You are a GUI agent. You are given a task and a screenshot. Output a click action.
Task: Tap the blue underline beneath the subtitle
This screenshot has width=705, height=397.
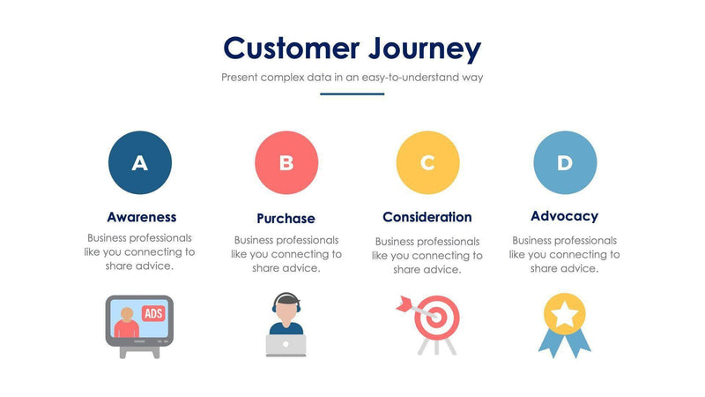pos(352,94)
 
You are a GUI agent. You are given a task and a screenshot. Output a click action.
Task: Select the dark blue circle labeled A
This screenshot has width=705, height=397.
pos(140,162)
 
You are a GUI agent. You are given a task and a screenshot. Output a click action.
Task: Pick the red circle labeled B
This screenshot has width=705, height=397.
pos(286,163)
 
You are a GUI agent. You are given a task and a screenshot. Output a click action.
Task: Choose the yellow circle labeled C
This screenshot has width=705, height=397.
pos(427,163)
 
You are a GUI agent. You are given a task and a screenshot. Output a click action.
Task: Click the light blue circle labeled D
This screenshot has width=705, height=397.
pos(565,162)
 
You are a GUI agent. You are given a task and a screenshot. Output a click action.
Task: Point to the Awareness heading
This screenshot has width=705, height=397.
pos(141,216)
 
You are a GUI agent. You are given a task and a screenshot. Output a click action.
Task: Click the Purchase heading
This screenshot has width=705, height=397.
pos(286,218)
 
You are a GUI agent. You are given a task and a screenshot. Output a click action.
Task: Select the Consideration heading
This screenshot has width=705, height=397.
pos(427,217)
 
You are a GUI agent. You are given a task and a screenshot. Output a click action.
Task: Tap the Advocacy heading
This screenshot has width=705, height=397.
pos(564,216)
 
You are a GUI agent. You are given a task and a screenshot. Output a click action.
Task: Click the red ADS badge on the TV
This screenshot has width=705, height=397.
pos(152,313)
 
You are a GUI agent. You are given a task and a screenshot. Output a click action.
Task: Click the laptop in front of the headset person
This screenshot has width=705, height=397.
pos(285,345)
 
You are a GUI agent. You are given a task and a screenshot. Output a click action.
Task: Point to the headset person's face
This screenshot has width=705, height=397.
pos(286,310)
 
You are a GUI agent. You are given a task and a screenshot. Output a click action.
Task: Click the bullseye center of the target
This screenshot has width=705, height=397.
pos(434,315)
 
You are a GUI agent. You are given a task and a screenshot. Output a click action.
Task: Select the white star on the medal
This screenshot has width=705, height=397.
pos(564,312)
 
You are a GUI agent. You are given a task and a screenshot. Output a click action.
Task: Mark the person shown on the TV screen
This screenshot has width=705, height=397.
pos(127,324)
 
